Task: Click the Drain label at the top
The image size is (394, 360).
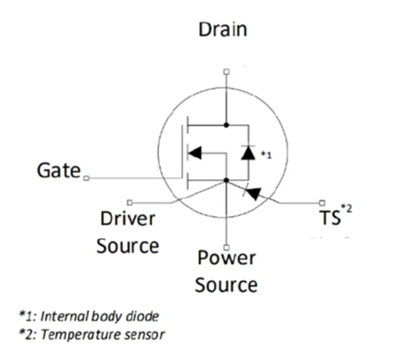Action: (x=223, y=29)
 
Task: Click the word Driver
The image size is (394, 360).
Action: (x=128, y=219)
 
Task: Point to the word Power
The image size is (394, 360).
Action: (x=226, y=257)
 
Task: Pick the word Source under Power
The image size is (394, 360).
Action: (x=226, y=285)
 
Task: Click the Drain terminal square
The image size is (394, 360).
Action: (x=226, y=71)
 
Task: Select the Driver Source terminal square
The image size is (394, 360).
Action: (x=129, y=202)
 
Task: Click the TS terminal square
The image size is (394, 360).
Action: (x=322, y=202)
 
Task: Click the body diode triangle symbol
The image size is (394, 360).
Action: (x=248, y=153)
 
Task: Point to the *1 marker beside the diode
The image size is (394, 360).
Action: (x=266, y=155)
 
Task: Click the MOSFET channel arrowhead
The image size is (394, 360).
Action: (x=194, y=153)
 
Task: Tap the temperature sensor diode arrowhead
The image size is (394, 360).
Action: (x=253, y=192)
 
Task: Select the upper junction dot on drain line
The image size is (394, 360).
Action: (x=226, y=125)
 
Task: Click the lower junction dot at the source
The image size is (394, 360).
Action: (x=226, y=180)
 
